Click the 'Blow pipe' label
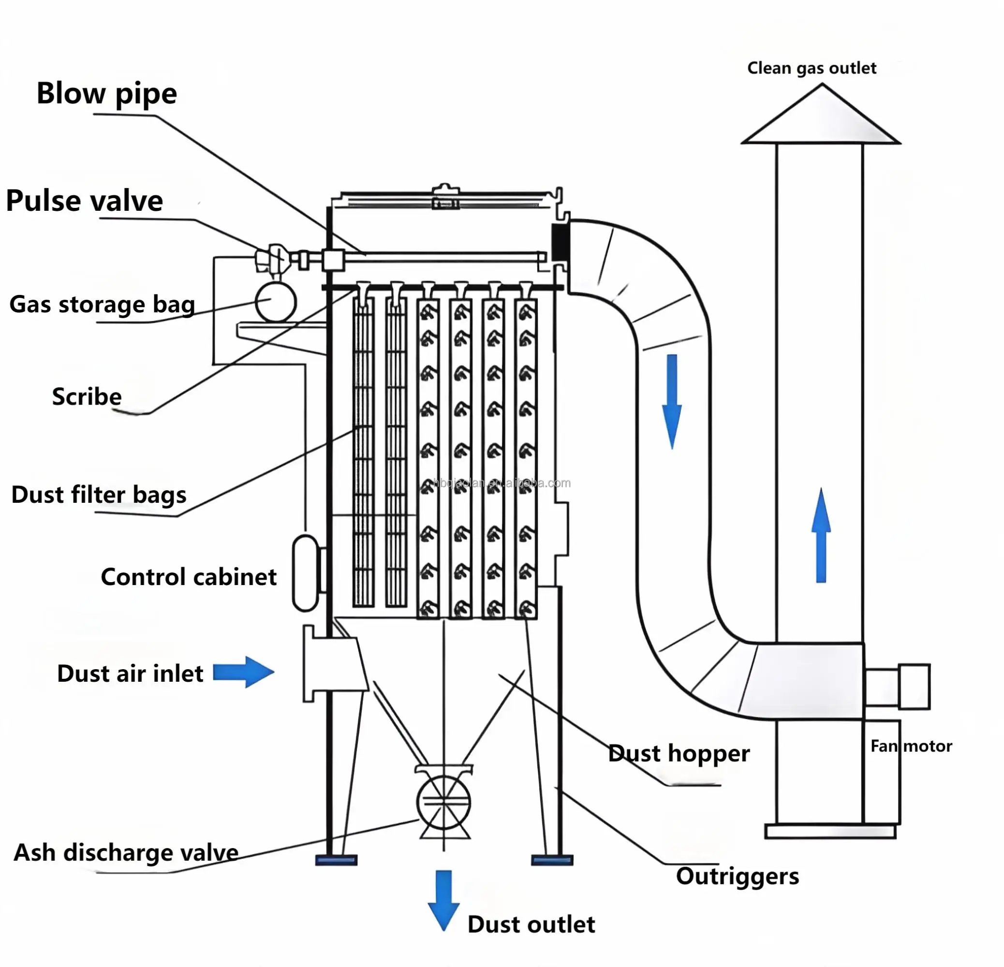tap(106, 94)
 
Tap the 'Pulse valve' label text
tap(85, 201)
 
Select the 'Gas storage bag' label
tap(102, 305)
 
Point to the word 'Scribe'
tap(87, 397)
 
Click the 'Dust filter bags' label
tap(98, 495)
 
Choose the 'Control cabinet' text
tap(188, 577)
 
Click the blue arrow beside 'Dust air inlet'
tap(243, 672)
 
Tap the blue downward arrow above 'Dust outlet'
tap(443, 899)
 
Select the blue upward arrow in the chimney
tap(821, 536)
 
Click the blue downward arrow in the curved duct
tap(672, 400)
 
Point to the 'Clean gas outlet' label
tap(812, 68)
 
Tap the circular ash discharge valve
tap(443, 802)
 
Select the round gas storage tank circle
tap(276, 302)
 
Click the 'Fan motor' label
tap(911, 746)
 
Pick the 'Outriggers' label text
tap(737, 876)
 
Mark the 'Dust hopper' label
tap(679, 753)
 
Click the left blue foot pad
tap(336, 860)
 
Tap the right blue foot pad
tap(552, 860)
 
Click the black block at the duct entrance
tap(560, 242)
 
